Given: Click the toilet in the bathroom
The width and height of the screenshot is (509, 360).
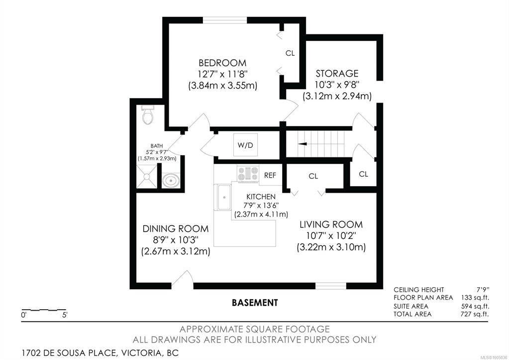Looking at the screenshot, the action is [x=148, y=115].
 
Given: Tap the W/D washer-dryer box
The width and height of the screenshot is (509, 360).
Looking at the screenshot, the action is [x=245, y=144].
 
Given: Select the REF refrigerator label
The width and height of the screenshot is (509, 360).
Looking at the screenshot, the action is [x=270, y=175].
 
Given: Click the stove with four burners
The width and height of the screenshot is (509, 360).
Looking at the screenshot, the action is [x=248, y=174].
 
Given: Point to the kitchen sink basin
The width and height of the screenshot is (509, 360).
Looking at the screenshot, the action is [x=223, y=197].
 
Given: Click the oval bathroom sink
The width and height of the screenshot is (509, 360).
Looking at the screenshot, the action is [x=171, y=180].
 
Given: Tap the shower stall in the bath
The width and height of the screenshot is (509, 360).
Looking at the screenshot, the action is [x=146, y=176].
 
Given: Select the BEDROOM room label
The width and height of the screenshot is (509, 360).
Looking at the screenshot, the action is [x=222, y=63].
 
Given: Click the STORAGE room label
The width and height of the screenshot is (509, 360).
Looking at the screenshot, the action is [x=337, y=73].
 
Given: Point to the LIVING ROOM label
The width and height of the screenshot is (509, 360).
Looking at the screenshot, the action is [x=331, y=225].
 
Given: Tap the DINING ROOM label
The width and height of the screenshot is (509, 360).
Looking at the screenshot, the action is [x=176, y=229].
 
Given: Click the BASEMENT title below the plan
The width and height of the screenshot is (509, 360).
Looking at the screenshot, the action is [x=255, y=303].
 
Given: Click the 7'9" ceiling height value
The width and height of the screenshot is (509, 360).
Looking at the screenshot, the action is [x=483, y=289].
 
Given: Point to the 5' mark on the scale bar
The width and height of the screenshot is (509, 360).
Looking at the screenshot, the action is [x=65, y=315].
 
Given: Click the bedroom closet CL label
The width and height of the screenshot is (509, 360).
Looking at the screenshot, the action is [x=290, y=53].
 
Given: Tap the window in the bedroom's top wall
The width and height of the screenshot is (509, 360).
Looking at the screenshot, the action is [x=225, y=20].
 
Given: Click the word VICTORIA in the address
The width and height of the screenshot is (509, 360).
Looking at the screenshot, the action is [x=141, y=353].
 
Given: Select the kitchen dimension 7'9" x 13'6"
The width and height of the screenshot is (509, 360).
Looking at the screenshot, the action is [x=261, y=205].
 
